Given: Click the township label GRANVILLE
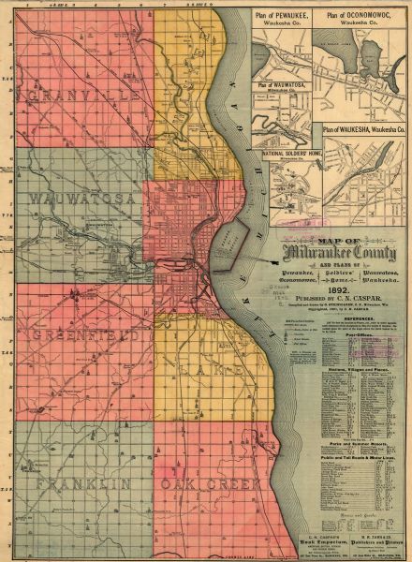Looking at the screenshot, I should [73, 96].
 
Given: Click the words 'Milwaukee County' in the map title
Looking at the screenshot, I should [346, 253].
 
